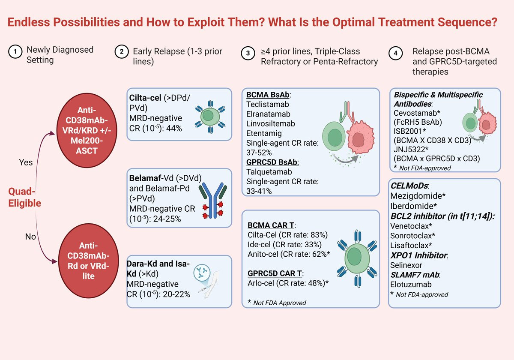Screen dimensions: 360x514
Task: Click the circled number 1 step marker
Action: click(x=15, y=53)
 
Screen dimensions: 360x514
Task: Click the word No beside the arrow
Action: click(x=30, y=236)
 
